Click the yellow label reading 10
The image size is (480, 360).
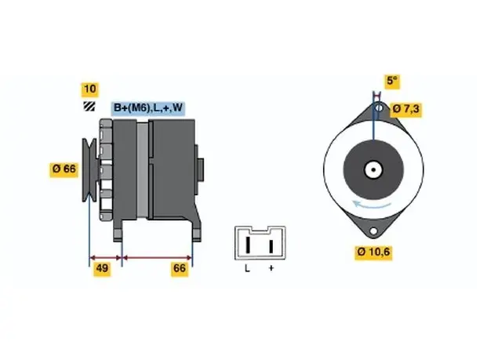tap(89, 89)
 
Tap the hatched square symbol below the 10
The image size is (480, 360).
tap(89, 106)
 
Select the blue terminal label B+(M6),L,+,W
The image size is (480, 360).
tap(148, 108)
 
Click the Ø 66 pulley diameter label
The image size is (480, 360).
tap(64, 169)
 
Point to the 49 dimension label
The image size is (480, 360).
tap(102, 268)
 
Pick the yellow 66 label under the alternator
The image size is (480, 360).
tap(180, 268)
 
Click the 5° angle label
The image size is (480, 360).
tap(392, 81)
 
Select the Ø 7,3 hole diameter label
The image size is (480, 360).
tap(406, 109)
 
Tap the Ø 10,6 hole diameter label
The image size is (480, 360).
tap(373, 253)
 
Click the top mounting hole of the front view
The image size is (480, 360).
tap(379, 108)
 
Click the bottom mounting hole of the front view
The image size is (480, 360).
tap(373, 231)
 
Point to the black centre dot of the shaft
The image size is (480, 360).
tap(373, 169)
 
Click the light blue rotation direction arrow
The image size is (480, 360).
tap(372, 205)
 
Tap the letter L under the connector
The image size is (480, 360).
tap(247, 268)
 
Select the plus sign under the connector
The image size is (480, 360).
tap(271, 268)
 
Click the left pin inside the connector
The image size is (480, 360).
tap(248, 245)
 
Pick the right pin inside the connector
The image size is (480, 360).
tap(271, 246)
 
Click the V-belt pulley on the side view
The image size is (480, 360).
tap(89, 170)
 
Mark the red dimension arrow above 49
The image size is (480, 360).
tap(106, 257)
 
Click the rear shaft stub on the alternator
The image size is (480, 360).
tap(201, 169)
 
